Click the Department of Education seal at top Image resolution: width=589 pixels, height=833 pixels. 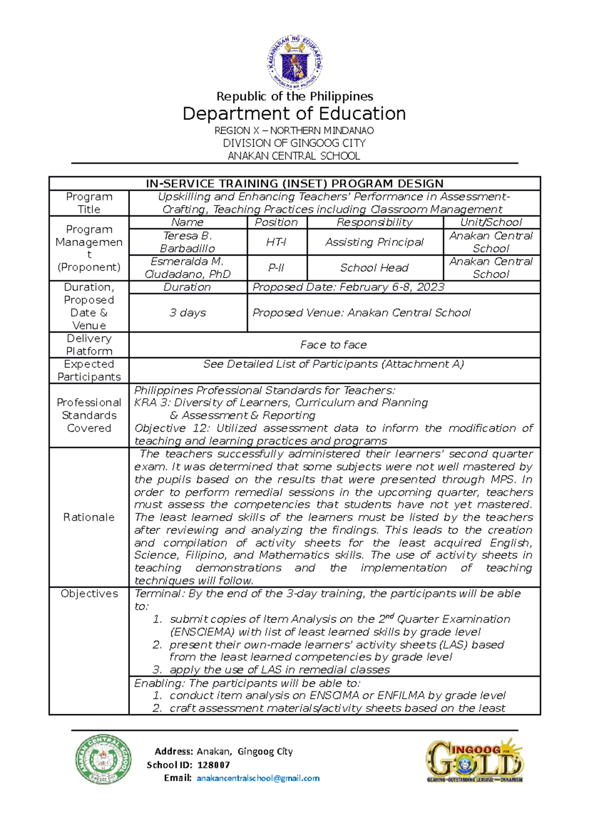(294, 62)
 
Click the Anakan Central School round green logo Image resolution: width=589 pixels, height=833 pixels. (103, 759)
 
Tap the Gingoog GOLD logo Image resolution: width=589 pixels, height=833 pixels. (474, 760)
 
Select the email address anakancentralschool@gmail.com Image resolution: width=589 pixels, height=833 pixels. (258, 778)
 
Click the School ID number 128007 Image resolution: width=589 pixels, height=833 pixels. (214, 765)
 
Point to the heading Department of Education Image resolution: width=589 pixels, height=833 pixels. (294, 114)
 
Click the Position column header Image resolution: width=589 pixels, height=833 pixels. (276, 222)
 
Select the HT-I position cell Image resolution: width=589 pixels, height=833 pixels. (276, 242)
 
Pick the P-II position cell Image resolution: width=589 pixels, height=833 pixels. (276, 268)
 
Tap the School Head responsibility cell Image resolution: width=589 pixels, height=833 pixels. (374, 268)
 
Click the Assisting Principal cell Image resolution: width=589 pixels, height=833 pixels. (374, 242)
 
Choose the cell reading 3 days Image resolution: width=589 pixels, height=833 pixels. (187, 313)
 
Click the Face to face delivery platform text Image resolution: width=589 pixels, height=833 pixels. (334, 345)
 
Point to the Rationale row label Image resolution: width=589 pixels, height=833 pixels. (89, 517)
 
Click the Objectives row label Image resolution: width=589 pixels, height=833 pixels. (89, 594)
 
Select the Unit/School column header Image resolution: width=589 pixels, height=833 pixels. (491, 222)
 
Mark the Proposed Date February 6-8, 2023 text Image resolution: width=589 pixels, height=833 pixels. (348, 287)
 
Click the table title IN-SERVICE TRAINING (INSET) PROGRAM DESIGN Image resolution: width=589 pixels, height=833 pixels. (294, 183)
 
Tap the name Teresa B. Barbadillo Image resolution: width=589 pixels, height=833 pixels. (187, 242)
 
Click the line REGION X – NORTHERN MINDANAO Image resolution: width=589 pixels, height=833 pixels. (294, 130)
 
